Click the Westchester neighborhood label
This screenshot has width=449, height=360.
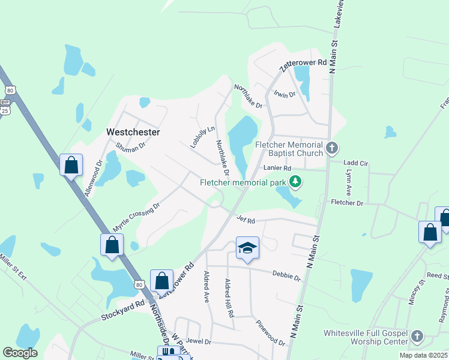pos(133,131)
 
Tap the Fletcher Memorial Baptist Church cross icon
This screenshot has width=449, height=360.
pos(332,148)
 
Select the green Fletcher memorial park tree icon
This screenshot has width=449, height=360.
pos(295,181)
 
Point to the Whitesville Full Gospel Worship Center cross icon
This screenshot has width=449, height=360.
pos(418,337)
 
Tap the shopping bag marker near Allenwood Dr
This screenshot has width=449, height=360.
pos(71,165)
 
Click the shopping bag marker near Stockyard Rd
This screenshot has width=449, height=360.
pos(161,280)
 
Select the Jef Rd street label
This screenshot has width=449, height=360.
pos(246,220)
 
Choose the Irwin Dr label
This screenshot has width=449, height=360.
pos(285,95)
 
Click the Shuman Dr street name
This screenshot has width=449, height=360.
pos(131,147)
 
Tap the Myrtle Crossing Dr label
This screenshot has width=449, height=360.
pos(136,218)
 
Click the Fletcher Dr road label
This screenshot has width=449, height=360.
pos(347,203)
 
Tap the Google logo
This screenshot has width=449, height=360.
pos(20,353)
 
